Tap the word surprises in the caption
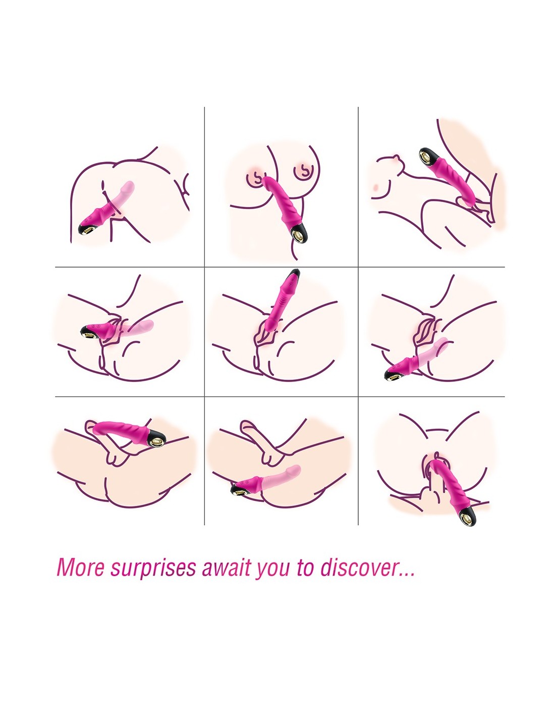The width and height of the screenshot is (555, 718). pos(153,569)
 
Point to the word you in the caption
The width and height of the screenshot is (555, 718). pos(271,570)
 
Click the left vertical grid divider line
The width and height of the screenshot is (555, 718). pos(204,316)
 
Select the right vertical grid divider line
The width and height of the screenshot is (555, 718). pos(358,316)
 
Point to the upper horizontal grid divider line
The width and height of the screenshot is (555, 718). pos(280,267)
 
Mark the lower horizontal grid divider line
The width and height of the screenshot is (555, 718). pos(280,396)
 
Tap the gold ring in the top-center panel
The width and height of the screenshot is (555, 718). pos(298,235)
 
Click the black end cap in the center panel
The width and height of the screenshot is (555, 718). pos(294,273)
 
